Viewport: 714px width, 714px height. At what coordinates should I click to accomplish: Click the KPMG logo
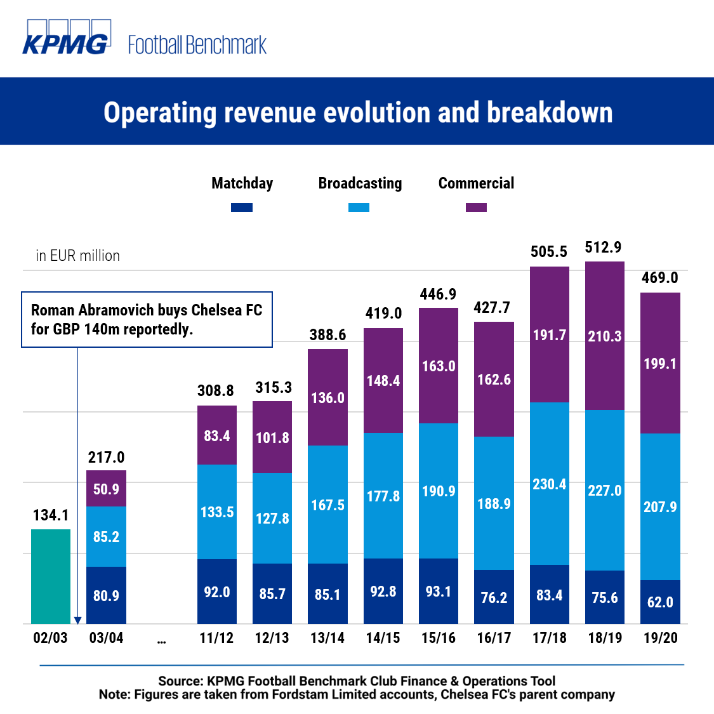67,37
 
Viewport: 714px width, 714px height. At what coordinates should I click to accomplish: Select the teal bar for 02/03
51,576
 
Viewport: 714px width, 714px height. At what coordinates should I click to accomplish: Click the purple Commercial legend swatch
476,208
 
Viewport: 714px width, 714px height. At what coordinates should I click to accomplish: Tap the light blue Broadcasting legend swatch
359,208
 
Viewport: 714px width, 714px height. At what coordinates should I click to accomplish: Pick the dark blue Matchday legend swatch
242,208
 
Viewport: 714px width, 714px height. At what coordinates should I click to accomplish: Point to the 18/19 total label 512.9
603,247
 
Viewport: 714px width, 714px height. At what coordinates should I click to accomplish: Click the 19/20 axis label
660,638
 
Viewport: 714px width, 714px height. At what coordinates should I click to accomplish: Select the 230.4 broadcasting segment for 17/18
549,484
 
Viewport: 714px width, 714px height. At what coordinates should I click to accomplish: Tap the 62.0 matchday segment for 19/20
660,602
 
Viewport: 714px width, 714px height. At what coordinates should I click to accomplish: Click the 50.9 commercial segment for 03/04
106,489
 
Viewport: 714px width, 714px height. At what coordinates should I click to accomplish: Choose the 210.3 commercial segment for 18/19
604,336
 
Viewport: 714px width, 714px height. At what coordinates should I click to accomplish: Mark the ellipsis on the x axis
161,640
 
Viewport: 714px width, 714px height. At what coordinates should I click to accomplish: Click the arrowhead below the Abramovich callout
77,620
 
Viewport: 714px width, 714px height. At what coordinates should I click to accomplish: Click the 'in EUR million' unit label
77,256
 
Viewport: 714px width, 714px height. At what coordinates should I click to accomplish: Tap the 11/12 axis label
216,638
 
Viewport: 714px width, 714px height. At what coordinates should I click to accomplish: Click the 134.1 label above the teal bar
51,515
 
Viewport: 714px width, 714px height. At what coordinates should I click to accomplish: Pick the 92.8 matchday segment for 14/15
383,592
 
